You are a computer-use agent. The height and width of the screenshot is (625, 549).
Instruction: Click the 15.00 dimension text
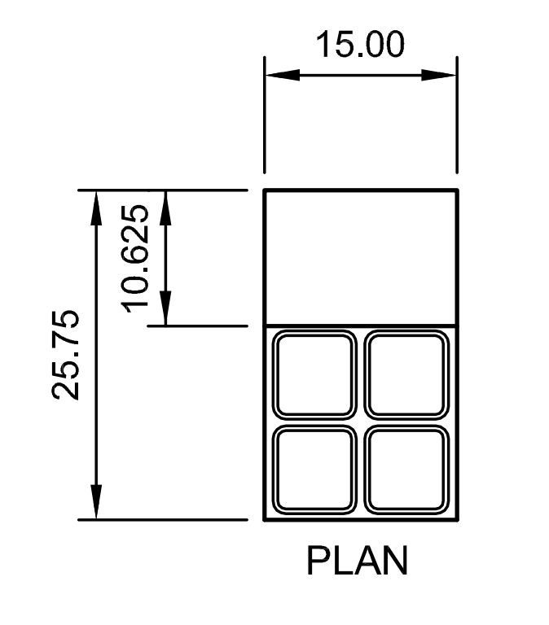[360, 44]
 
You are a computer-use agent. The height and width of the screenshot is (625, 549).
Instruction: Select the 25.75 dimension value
[66, 354]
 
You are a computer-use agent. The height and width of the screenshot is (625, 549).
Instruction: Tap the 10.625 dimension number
[135, 258]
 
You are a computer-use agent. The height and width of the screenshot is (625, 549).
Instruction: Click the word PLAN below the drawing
[357, 561]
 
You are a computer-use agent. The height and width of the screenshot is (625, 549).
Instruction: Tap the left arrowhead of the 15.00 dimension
[282, 75]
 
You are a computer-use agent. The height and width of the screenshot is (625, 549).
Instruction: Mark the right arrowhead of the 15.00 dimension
[439, 75]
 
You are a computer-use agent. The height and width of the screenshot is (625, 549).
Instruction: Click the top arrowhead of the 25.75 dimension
[96, 208]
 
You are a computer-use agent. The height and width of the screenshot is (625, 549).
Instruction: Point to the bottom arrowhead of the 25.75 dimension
[96, 502]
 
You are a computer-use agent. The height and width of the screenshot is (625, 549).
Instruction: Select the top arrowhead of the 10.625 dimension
[165, 208]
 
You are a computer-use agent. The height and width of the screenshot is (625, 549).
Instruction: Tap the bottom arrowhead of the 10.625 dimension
[165, 308]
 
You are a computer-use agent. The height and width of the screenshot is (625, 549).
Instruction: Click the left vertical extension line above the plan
[264, 116]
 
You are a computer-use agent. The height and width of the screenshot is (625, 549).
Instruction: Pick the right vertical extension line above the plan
[457, 116]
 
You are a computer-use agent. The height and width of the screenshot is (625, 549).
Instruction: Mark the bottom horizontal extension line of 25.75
[163, 520]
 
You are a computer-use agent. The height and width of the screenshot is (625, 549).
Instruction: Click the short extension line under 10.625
[197, 326]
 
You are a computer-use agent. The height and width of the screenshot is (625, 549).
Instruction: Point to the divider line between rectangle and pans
[361, 326]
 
